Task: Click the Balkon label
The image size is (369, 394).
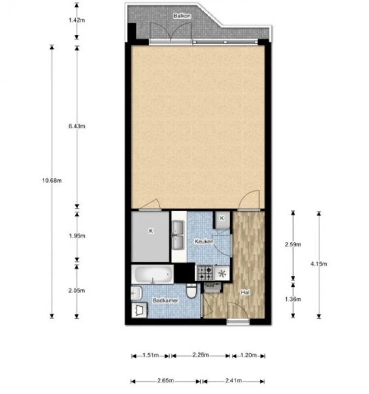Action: (182, 16)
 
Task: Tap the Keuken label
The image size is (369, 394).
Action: (203, 241)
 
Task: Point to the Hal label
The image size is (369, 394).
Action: (245, 293)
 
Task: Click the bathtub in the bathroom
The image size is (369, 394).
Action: (153, 274)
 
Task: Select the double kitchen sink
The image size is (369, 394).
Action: (178, 235)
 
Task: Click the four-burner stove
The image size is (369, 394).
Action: (204, 272)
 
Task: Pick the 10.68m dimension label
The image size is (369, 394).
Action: (52, 180)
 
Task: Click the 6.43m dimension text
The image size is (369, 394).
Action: (77, 127)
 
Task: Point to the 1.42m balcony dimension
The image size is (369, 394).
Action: (77, 21)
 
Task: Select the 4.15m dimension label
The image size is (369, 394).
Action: (319, 264)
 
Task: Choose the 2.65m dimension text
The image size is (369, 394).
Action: (166, 380)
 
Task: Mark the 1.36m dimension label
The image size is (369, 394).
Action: (293, 299)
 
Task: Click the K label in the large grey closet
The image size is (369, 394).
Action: (151, 230)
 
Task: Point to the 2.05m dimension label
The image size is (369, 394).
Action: (77, 291)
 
